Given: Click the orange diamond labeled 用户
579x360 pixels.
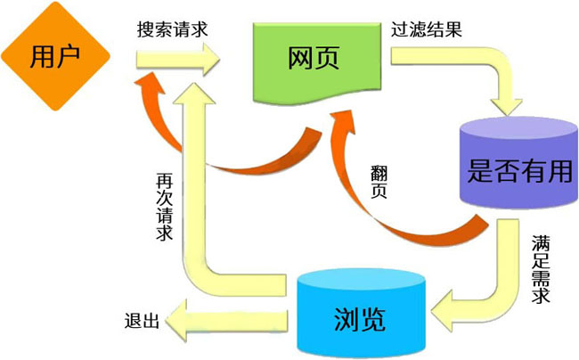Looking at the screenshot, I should point(54,56).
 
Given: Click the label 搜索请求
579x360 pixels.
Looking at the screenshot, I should point(173,28).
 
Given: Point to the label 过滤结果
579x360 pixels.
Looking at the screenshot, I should point(427,28).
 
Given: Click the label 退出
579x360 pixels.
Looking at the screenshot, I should point(142,321).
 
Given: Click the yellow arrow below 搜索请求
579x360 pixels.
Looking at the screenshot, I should point(179,61).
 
